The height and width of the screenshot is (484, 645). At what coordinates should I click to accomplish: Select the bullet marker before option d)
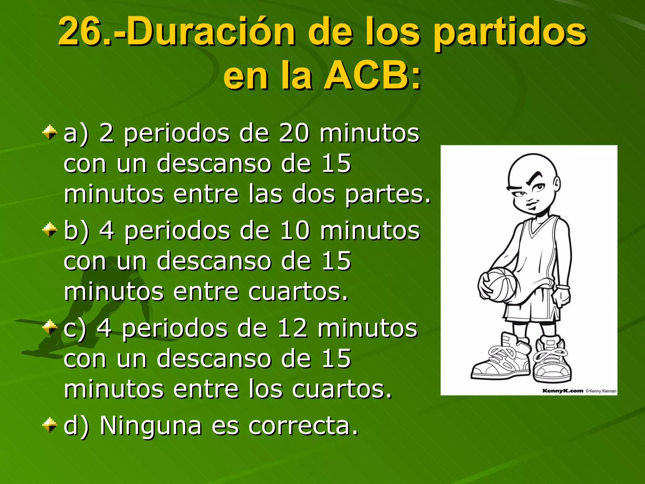point(50,424)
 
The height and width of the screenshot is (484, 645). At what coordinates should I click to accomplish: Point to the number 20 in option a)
point(294,133)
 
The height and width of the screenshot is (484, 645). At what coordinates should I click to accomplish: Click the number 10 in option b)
point(294,231)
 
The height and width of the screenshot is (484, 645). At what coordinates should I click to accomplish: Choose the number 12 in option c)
point(292,329)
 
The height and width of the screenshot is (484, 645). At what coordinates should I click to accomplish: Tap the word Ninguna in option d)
point(151,426)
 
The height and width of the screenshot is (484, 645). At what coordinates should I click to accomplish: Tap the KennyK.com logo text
point(562,391)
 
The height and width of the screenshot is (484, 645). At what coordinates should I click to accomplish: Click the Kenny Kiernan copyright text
point(601,391)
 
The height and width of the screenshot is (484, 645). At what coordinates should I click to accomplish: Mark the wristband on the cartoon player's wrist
point(562,287)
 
